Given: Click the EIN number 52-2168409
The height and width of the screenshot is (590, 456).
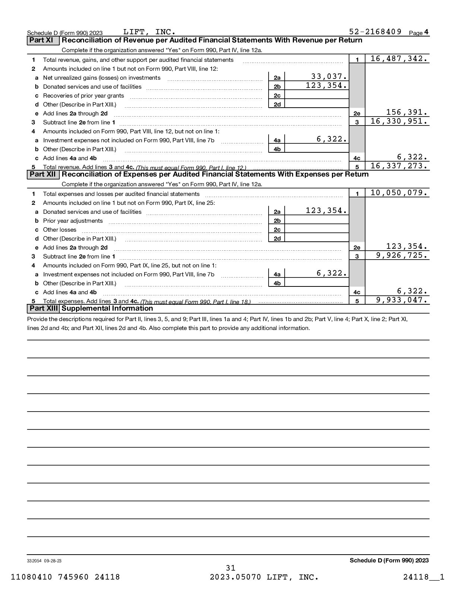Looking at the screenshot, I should (x=375, y=32).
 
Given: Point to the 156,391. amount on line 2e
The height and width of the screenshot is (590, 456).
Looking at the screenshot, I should (x=407, y=112).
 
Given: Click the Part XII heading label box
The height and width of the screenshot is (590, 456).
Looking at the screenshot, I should (x=43, y=174).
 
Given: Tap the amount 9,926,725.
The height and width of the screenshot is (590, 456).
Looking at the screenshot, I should (x=402, y=255).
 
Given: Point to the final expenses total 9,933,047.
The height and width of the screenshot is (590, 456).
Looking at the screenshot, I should (x=402, y=300).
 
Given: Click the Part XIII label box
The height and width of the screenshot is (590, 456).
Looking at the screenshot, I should (x=43, y=308).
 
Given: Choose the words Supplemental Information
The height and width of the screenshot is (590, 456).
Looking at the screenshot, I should (x=107, y=308).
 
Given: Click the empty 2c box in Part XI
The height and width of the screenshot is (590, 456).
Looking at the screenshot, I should (x=317, y=95).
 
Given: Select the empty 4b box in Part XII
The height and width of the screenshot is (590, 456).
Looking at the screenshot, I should (x=317, y=283).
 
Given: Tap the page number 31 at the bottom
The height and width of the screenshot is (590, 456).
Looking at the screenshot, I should (x=231, y=568).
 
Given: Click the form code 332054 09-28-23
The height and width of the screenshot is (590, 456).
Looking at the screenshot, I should (x=44, y=561).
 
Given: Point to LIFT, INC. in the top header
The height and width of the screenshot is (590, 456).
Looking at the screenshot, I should (x=149, y=32).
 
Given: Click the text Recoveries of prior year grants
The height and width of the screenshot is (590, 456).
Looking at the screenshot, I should (x=83, y=96).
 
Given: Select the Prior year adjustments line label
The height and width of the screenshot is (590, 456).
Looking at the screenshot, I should (x=73, y=221).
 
